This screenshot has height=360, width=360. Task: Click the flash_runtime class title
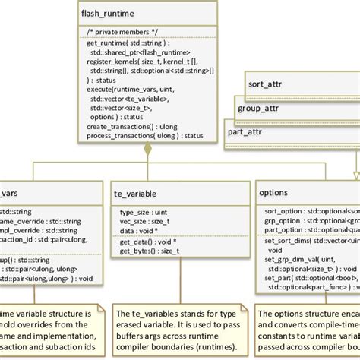[x=107, y=13]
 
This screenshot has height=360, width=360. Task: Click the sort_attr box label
[x=265, y=83]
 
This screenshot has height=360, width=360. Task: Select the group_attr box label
[x=259, y=108]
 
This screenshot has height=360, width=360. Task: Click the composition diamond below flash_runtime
[x=148, y=150]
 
